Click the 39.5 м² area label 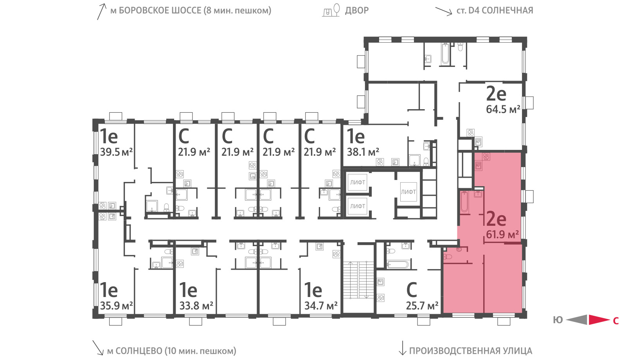(116, 152)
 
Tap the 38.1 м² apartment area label (363, 152)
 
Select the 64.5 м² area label (503, 109)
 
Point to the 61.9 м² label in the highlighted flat (502, 234)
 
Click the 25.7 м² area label (422, 306)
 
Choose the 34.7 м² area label (321, 306)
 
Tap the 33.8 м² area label (196, 306)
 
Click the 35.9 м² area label (116, 306)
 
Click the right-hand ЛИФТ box (408, 192)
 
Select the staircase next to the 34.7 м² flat (358, 280)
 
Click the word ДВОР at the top (357, 10)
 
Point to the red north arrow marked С (599, 320)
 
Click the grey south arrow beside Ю (577, 320)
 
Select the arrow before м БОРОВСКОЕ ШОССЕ (101, 11)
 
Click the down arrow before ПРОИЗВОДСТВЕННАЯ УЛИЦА (402, 348)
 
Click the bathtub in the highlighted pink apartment (464, 202)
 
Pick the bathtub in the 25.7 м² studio (398, 264)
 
